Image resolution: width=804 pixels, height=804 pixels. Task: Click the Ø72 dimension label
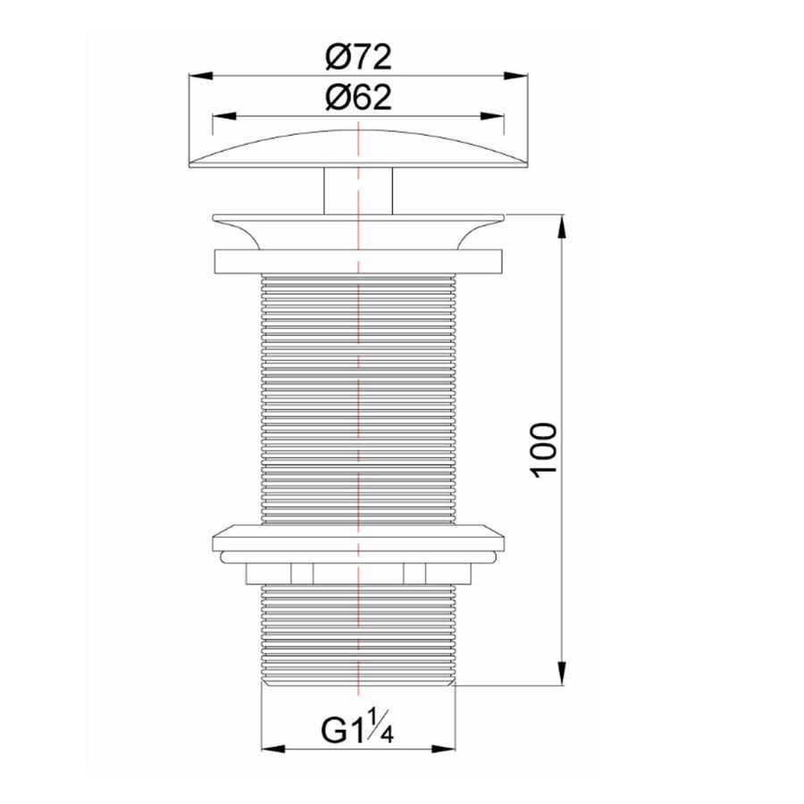tap(357, 59)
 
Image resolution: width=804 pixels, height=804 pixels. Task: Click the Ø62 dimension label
tap(357, 99)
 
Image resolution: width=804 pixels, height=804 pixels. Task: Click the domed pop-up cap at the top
tap(357, 148)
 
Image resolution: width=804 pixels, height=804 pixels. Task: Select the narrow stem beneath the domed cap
tap(357, 189)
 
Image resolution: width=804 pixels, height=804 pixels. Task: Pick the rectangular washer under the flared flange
tap(357, 263)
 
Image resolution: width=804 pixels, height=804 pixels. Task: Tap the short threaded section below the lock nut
tap(357, 634)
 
